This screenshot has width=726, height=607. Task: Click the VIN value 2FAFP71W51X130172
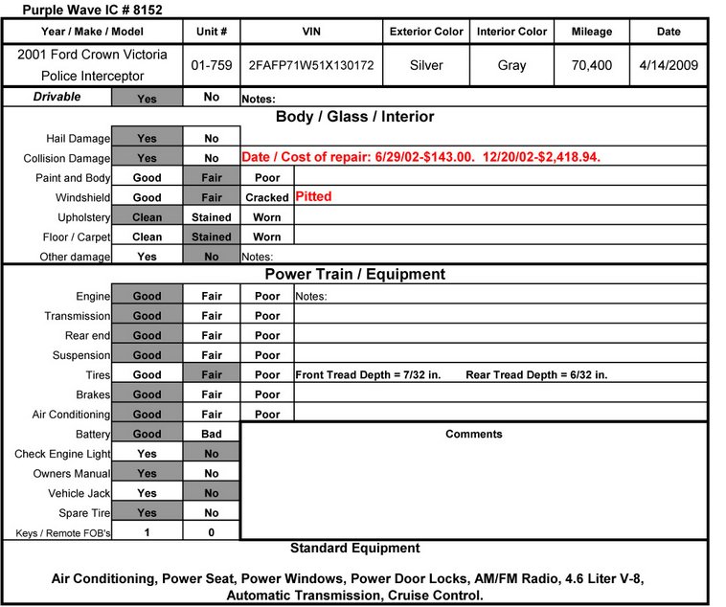pyautogui.click(x=310, y=67)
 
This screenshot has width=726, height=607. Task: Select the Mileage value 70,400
pyautogui.click(x=591, y=67)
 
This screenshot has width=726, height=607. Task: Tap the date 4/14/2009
pyautogui.click(x=669, y=67)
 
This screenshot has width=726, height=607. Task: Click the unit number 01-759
pyautogui.click(x=211, y=67)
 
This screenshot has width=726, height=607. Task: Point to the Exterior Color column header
pyautogui.click(x=426, y=32)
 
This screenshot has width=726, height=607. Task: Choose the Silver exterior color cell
pyautogui.click(x=426, y=67)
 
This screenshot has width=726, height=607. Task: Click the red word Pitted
pyautogui.click(x=313, y=196)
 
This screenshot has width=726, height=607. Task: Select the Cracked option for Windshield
pyautogui.click(x=267, y=197)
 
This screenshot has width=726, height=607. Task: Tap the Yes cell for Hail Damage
pyautogui.click(x=147, y=138)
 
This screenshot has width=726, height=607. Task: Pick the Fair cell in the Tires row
pyautogui.click(x=212, y=374)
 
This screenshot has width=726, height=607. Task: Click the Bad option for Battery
pyautogui.click(x=212, y=434)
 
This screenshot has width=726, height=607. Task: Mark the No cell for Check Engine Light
pyautogui.click(x=212, y=454)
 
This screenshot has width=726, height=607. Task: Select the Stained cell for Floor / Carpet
pyautogui.click(x=212, y=236)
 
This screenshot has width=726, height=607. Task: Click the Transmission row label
pyautogui.click(x=77, y=316)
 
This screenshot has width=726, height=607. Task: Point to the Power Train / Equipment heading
pyautogui.click(x=354, y=275)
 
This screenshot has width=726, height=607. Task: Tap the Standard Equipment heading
pyautogui.click(x=354, y=549)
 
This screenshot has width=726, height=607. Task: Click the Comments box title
pyautogui.click(x=473, y=434)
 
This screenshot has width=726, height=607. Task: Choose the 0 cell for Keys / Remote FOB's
pyautogui.click(x=212, y=532)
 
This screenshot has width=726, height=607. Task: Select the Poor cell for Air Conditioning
pyautogui.click(x=267, y=415)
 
